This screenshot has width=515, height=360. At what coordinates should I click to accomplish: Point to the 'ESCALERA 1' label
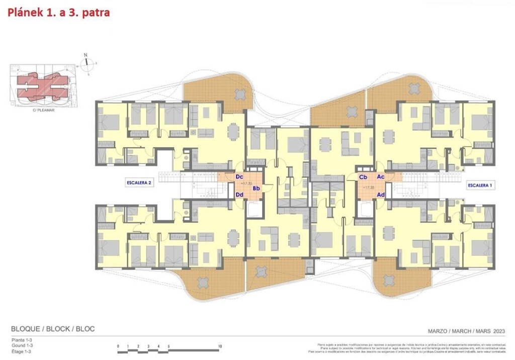(480, 185)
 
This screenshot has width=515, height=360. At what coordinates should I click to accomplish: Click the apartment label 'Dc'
(239, 177)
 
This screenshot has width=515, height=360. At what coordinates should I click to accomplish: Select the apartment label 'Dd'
(239, 195)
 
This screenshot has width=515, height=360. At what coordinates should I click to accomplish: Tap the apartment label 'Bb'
(256, 189)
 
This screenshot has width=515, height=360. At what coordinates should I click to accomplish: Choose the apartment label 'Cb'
(363, 177)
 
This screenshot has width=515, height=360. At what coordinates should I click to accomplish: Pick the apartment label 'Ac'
(381, 177)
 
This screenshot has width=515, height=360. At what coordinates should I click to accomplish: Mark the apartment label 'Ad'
(381, 195)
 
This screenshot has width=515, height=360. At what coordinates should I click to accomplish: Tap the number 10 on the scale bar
(220, 347)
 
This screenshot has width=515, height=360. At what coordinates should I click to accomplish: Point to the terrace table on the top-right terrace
(414, 88)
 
